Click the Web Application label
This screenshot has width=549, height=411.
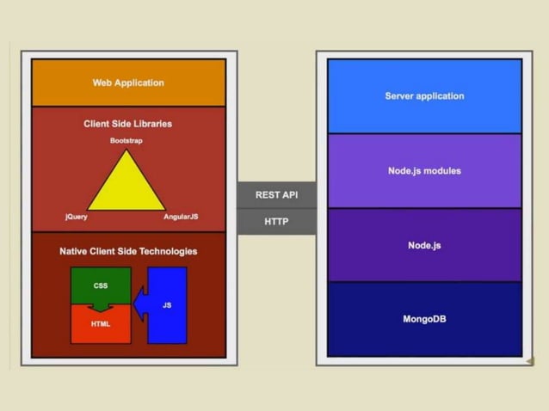[128, 83]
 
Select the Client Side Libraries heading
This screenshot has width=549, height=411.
[128, 124]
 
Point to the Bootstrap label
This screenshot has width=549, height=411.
[127, 140]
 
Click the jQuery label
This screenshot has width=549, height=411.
[77, 217]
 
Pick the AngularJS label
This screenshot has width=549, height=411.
[181, 217]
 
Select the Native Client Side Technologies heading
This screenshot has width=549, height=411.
[128, 251]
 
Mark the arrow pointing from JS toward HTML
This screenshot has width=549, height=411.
[141, 302]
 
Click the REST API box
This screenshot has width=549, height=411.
[276, 195]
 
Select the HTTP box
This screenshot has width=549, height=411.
[276, 222]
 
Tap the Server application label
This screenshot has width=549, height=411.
[424, 95]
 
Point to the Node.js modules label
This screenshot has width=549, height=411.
[424, 170]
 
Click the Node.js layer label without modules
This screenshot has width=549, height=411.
[424, 245]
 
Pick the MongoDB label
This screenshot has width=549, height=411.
[424, 319]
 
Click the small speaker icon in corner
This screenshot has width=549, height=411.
[530, 360]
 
